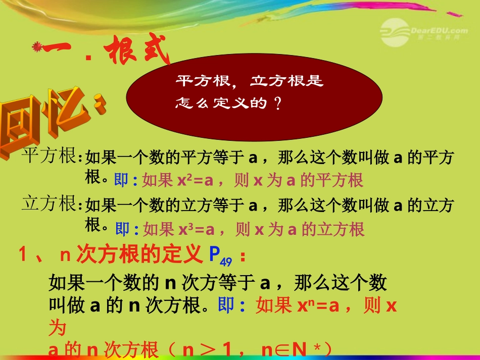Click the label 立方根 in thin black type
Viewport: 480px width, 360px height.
[49, 204]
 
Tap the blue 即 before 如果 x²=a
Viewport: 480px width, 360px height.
[122, 180]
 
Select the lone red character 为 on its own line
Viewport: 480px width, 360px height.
[57, 329]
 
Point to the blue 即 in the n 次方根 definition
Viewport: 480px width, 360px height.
[226, 306]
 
